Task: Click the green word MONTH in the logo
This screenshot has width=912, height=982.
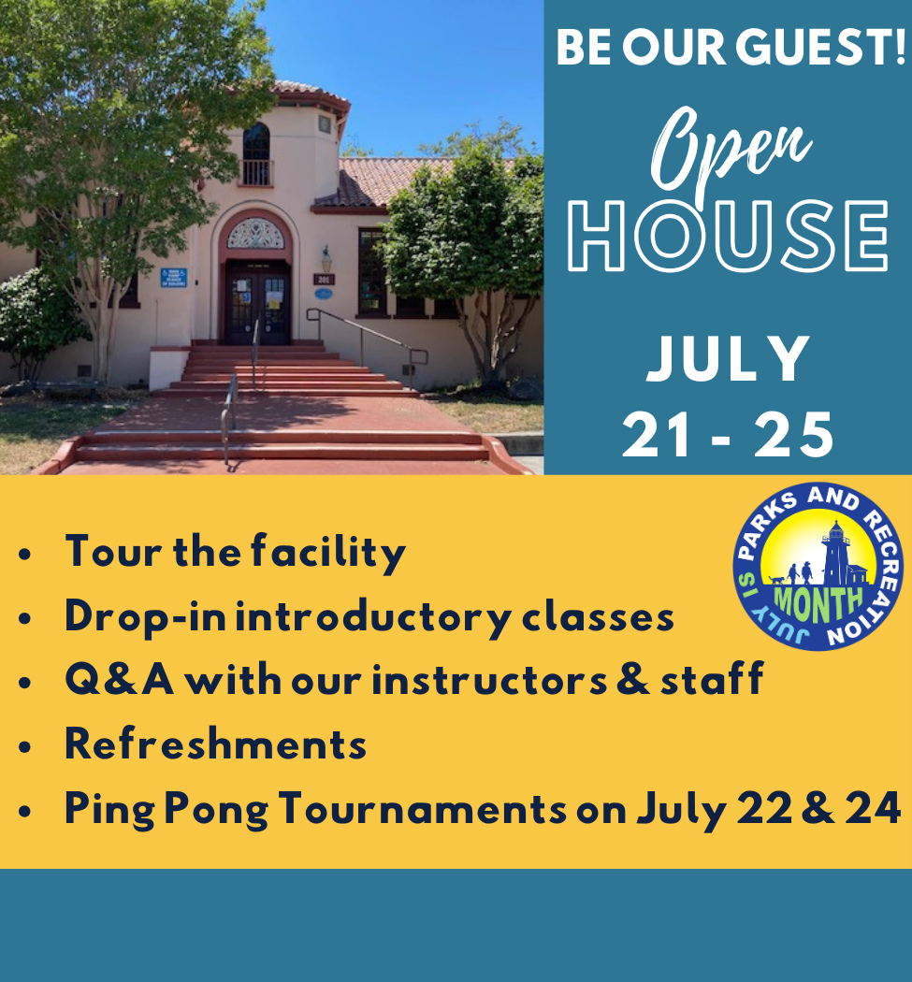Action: tap(805, 600)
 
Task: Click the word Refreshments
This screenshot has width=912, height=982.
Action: tap(215, 744)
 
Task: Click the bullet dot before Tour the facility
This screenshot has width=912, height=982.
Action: tap(25, 555)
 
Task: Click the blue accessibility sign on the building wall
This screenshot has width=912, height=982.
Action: tap(173, 277)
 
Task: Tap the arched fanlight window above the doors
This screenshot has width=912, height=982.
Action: tap(255, 234)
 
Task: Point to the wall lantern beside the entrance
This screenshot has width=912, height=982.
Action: tap(326, 257)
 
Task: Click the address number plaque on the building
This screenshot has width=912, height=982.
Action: tap(324, 279)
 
